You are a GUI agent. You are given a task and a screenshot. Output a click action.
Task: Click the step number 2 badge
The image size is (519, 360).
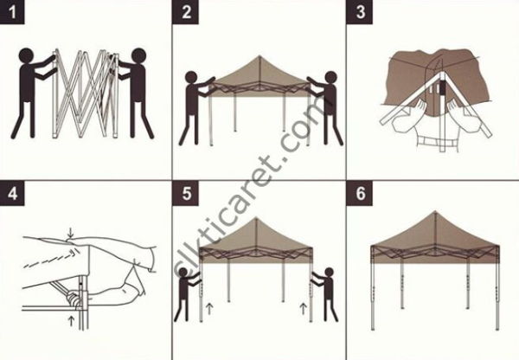click(x=187, y=14)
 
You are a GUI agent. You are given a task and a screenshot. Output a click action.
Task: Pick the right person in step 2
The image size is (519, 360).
click(x=326, y=104)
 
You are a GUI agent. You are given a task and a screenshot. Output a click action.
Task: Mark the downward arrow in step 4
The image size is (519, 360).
click(x=69, y=232)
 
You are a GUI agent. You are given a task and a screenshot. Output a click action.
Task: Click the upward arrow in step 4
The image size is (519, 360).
click(x=69, y=322)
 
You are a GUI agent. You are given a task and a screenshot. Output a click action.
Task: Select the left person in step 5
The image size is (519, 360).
click(x=186, y=294)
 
